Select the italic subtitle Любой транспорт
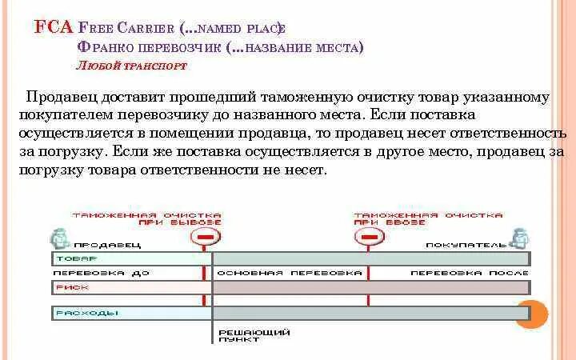coord(132,66)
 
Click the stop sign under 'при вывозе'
coord(206,238)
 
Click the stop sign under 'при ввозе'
coord(367,238)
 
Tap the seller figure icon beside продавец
coord(58,238)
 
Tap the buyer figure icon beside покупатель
coord(519,238)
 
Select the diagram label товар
coord(77,259)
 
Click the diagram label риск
coord(73,286)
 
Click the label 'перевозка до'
coord(101,273)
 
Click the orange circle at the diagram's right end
coord(533,314)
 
